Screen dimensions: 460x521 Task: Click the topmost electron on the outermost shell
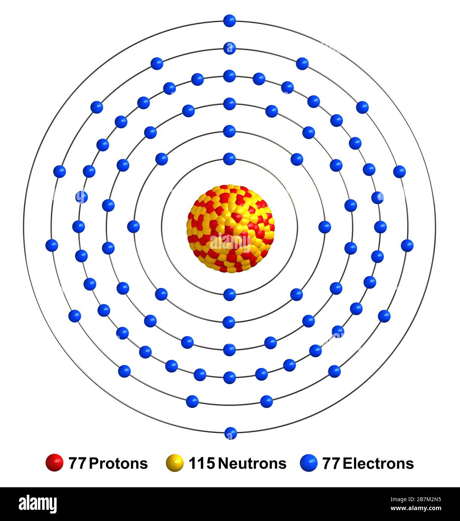229,21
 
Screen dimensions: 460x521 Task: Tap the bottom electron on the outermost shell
231,433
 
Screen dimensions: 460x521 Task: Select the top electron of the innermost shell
229,159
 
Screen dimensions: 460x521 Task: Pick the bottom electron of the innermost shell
229,295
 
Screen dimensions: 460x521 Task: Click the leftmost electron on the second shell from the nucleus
133,226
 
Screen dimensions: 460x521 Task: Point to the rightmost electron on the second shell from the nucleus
325,227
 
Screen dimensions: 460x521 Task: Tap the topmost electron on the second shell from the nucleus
229,131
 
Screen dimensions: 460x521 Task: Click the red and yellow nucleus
230,228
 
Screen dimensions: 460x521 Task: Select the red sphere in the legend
55,463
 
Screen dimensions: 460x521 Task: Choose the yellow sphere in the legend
175,463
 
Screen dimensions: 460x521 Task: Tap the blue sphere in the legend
309,463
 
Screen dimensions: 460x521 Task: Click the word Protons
118,464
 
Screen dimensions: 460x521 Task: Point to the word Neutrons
252,464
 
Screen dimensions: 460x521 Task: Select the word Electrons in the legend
378,464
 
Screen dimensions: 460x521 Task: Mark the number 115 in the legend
202,464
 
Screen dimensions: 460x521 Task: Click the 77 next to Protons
77,464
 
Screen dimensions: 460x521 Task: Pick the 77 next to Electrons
331,464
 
